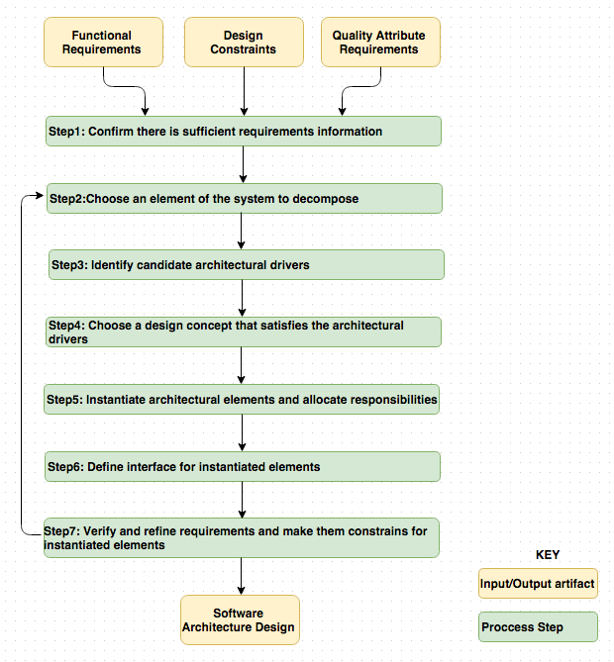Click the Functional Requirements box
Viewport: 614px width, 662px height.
[101, 43]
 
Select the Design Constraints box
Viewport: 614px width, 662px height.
[244, 43]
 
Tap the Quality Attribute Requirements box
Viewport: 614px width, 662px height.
[380, 43]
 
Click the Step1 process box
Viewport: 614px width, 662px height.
[243, 132]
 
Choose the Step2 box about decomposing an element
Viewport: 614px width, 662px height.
[244, 198]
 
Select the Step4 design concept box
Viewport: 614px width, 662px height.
[243, 331]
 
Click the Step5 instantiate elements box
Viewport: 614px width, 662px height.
[243, 399]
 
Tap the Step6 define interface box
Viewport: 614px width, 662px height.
[243, 466]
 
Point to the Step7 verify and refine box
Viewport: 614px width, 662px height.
[242, 537]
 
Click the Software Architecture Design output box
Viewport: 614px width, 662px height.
[240, 619]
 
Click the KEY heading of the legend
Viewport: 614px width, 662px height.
[548, 555]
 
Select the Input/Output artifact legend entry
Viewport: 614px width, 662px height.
[538, 584]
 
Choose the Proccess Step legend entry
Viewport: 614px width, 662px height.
[538, 627]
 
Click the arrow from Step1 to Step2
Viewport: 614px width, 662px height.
[243, 164]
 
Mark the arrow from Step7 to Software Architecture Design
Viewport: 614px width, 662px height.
[241, 576]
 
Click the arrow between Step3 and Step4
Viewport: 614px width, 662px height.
[242, 298]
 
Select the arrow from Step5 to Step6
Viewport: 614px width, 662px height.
[242, 432]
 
